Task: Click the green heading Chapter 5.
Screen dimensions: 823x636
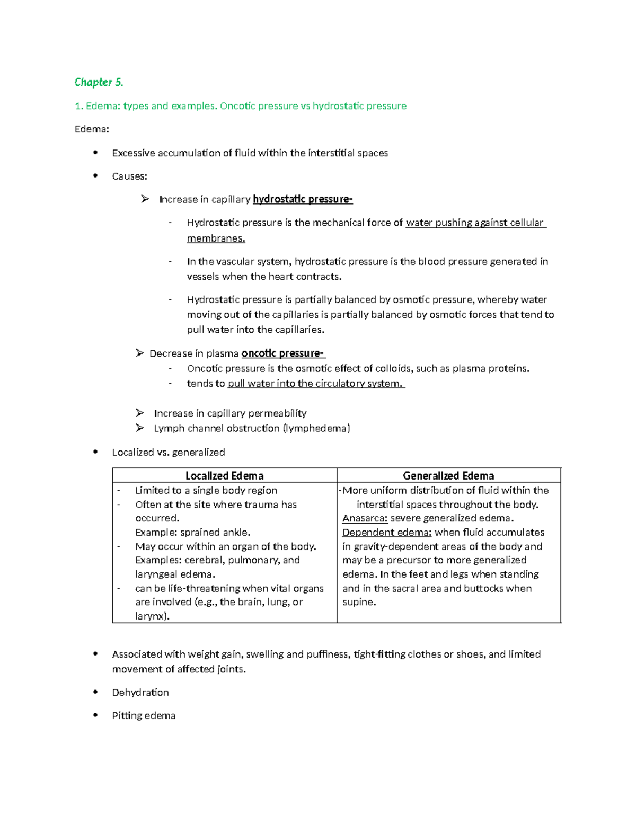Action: [x=99, y=82]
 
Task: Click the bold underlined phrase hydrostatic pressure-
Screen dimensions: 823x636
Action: [x=303, y=199]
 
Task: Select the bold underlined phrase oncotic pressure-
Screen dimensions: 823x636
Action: [x=282, y=353]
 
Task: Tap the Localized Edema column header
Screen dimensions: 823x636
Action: [x=224, y=475]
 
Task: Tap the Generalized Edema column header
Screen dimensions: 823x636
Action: [x=448, y=475]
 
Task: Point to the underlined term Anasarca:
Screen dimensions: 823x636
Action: [x=365, y=518]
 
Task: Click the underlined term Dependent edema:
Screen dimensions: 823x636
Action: [x=387, y=532]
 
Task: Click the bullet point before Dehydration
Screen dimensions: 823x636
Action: [x=95, y=692]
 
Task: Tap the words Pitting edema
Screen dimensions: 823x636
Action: [x=144, y=715]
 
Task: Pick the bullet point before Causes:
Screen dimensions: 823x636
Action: [x=95, y=176]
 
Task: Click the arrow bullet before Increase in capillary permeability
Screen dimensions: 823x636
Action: [x=140, y=413]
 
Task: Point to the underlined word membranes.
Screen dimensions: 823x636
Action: [x=216, y=238]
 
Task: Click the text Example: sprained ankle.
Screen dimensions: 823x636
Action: [x=192, y=532]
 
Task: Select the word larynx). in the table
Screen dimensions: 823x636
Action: [x=152, y=616]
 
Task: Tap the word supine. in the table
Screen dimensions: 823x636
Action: [x=359, y=602]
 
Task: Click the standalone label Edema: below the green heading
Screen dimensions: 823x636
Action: [x=92, y=129]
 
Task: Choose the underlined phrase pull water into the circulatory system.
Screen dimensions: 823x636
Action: [x=316, y=384]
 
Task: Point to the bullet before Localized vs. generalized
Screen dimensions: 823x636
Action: [x=95, y=452]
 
